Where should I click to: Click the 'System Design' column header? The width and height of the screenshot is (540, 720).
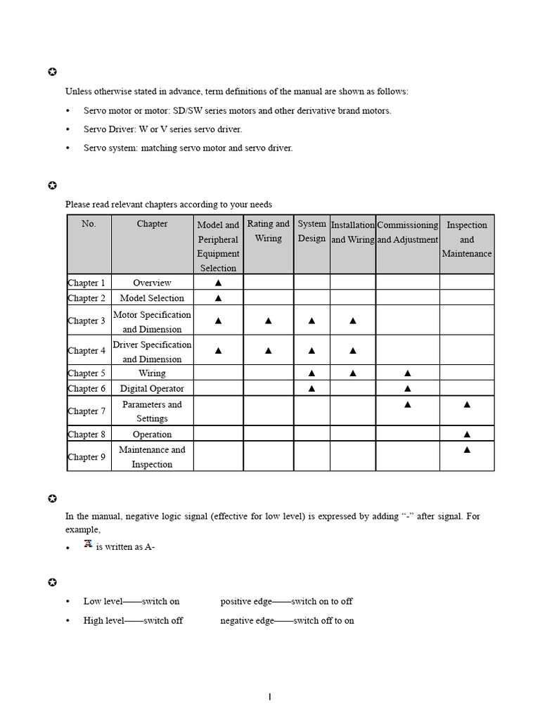pyautogui.click(x=311, y=231)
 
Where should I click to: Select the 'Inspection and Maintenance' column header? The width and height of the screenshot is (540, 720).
pyautogui.click(x=467, y=239)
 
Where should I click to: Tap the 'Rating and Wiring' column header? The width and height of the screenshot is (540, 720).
pyautogui.click(x=268, y=231)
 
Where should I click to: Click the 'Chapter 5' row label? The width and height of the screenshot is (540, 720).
pyautogui.click(x=86, y=373)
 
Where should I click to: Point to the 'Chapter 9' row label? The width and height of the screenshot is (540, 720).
pyautogui.click(x=86, y=457)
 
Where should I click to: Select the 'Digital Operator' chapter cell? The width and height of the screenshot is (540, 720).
pyautogui.click(x=152, y=388)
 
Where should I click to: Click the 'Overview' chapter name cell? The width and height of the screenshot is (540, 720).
pyautogui.click(x=152, y=283)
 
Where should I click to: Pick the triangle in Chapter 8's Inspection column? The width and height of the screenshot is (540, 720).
pyautogui.click(x=467, y=435)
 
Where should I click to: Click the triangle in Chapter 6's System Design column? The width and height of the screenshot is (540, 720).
pyautogui.click(x=311, y=388)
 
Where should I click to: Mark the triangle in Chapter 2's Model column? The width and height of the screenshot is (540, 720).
pyautogui.click(x=218, y=298)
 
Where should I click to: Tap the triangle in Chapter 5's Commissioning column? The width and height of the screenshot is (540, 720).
pyautogui.click(x=407, y=373)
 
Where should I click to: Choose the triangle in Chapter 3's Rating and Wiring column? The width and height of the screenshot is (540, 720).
pyautogui.click(x=268, y=321)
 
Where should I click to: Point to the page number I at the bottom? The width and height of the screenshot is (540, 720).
pyautogui.click(x=269, y=697)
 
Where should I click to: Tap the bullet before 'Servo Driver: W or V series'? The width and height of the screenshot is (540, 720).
pyautogui.click(x=67, y=130)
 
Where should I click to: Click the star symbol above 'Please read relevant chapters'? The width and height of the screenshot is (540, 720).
pyautogui.click(x=51, y=186)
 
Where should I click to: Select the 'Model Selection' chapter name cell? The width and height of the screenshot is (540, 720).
pyautogui.click(x=152, y=298)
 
